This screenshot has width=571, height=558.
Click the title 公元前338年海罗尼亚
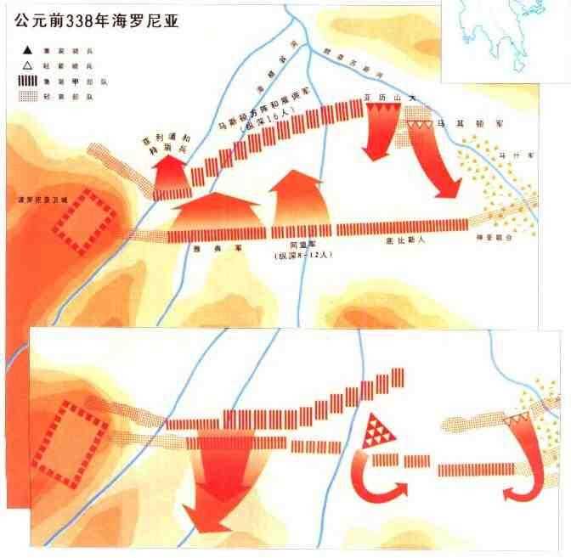point(100,18)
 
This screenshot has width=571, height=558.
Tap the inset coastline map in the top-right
point(505,38)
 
